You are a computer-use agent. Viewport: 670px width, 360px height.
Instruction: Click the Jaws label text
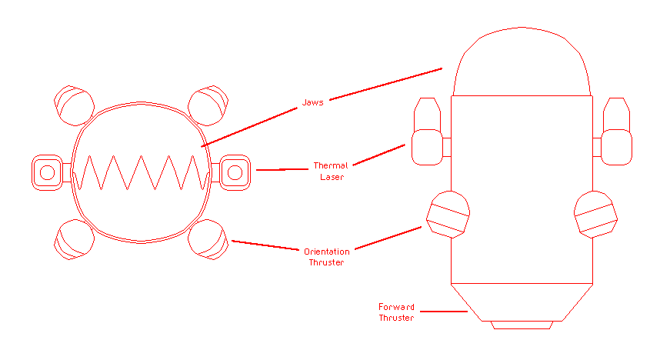[312, 103]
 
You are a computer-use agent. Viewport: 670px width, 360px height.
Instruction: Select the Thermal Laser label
[331, 171]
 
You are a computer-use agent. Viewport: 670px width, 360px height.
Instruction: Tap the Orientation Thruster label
[326, 257]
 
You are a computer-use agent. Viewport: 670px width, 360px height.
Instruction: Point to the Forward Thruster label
[396, 312]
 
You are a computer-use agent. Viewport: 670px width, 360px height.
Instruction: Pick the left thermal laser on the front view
[47, 172]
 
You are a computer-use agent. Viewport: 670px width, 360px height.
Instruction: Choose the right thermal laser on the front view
[234, 171]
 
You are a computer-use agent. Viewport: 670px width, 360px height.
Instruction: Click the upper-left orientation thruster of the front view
[74, 105]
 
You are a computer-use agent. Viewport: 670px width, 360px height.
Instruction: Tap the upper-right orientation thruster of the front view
[208, 105]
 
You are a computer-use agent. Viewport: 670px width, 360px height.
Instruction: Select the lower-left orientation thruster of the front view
[74, 239]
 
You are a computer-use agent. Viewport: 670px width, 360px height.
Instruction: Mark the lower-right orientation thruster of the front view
[208, 239]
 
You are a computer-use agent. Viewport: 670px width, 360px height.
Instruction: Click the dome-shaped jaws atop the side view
[522, 65]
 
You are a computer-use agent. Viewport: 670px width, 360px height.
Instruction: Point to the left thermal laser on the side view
[427, 135]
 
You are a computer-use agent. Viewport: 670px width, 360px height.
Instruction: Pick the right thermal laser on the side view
[617, 135]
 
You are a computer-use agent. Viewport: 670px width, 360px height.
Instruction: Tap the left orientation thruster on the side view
[448, 214]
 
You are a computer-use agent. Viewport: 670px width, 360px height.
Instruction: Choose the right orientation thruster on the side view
[596, 214]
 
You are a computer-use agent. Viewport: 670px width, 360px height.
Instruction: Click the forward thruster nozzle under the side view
[522, 306]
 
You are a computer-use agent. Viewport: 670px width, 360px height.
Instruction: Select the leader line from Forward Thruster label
[444, 312]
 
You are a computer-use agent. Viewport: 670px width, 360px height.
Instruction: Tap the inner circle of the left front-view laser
[47, 172]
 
